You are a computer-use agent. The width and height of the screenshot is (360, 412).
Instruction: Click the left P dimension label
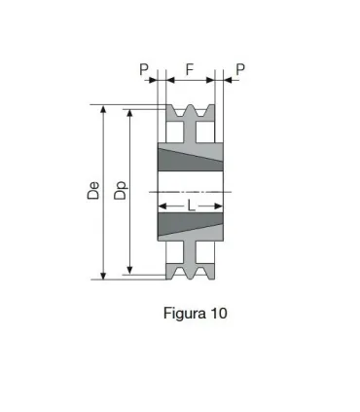tap(143, 69)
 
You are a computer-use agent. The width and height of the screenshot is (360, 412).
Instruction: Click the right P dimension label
tap(239, 69)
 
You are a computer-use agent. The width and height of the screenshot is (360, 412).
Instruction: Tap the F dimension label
tap(192, 69)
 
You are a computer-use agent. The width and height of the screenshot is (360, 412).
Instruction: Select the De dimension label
tap(93, 191)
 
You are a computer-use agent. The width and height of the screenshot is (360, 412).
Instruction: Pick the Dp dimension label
tap(120, 191)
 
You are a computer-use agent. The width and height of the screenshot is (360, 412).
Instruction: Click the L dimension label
tap(192, 206)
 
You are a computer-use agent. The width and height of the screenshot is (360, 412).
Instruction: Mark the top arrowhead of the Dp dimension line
tap(129, 114)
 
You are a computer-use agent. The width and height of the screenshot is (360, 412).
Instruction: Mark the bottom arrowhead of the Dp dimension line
tap(129, 270)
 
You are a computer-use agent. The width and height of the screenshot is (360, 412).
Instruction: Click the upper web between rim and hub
tap(192, 134)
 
